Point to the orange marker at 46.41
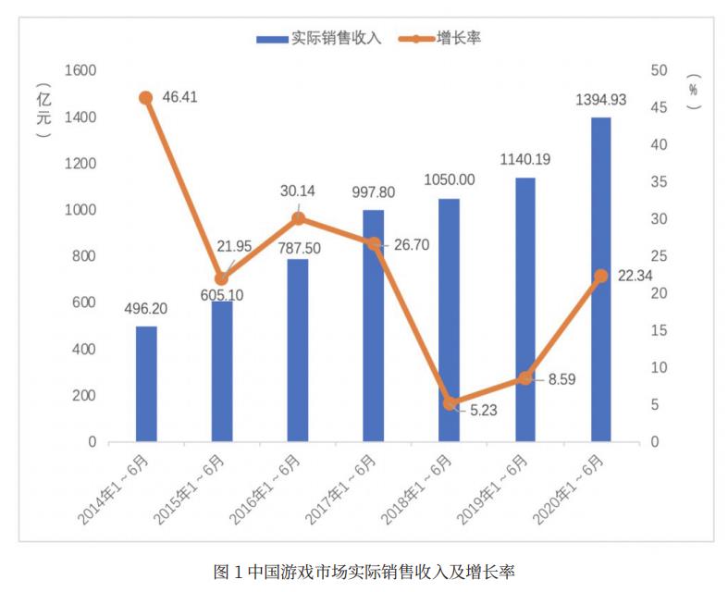click(146, 97)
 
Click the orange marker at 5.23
click(450, 403)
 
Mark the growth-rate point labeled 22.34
click(600, 276)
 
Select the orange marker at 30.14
click(298, 218)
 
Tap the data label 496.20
click(145, 308)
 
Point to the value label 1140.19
click(524, 159)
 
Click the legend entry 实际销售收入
click(318, 38)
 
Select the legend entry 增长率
click(448, 38)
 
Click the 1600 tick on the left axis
click(80, 70)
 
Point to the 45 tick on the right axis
click(659, 108)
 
